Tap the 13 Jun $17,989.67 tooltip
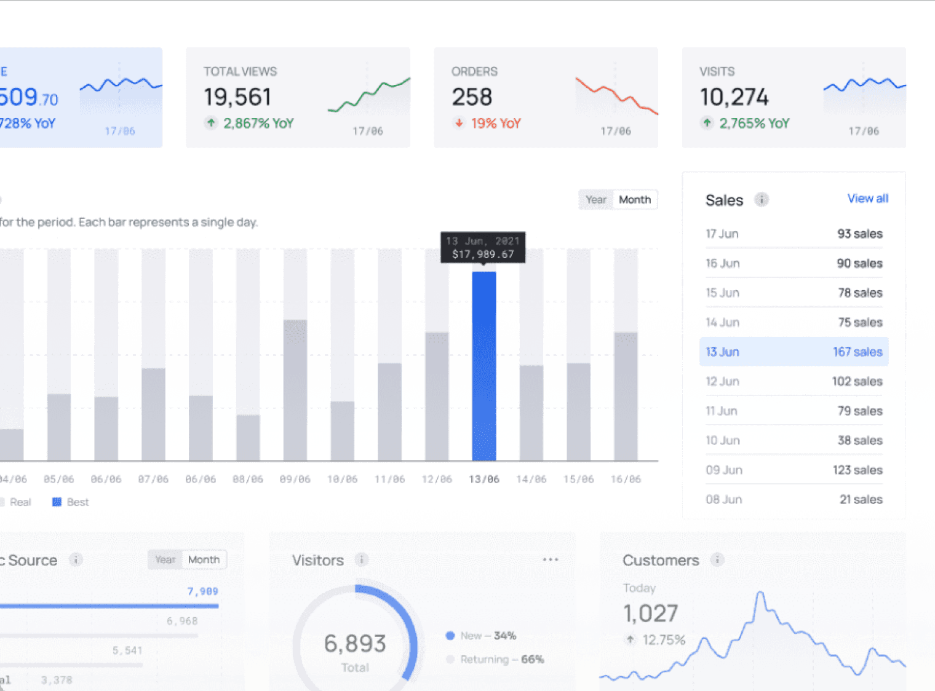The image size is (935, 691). click(483, 247)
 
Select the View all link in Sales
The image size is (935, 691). click(867, 199)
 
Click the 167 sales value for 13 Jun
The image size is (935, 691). click(857, 352)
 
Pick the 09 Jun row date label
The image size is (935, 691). click(724, 470)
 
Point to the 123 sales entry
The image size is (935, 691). click(857, 470)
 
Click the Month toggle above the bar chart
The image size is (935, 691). click(635, 200)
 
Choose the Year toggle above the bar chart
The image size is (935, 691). click(595, 200)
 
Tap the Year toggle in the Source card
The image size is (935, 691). click(165, 559)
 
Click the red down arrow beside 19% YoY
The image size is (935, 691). click(459, 123)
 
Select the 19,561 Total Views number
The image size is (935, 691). click(237, 97)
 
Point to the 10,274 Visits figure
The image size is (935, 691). click(734, 97)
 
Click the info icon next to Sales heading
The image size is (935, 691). click(762, 200)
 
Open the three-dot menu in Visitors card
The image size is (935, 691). click(551, 559)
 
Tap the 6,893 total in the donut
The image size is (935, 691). click(355, 644)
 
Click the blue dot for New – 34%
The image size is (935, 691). click(450, 636)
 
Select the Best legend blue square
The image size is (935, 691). click(57, 502)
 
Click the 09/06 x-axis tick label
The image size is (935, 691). click(295, 480)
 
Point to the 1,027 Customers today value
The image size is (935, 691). click(650, 614)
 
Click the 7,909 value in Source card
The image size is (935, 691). click(202, 591)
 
